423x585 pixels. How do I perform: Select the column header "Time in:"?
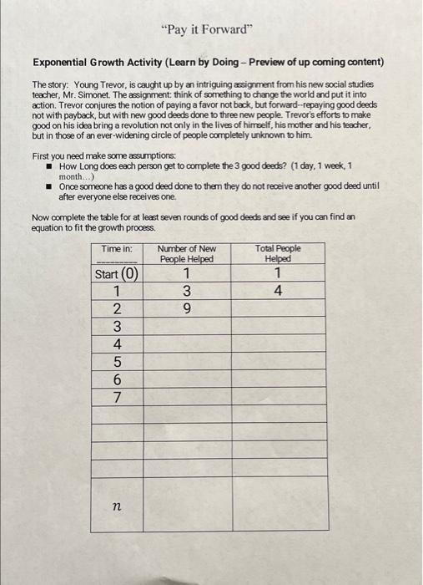117,248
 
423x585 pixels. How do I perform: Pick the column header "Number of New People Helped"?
187,253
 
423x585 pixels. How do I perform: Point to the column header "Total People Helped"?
279,253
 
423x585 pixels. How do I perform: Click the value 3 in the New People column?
187,292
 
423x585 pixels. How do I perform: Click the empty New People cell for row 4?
187,344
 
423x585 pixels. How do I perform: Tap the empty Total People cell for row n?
279,506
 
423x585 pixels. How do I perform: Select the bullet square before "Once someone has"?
49,186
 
